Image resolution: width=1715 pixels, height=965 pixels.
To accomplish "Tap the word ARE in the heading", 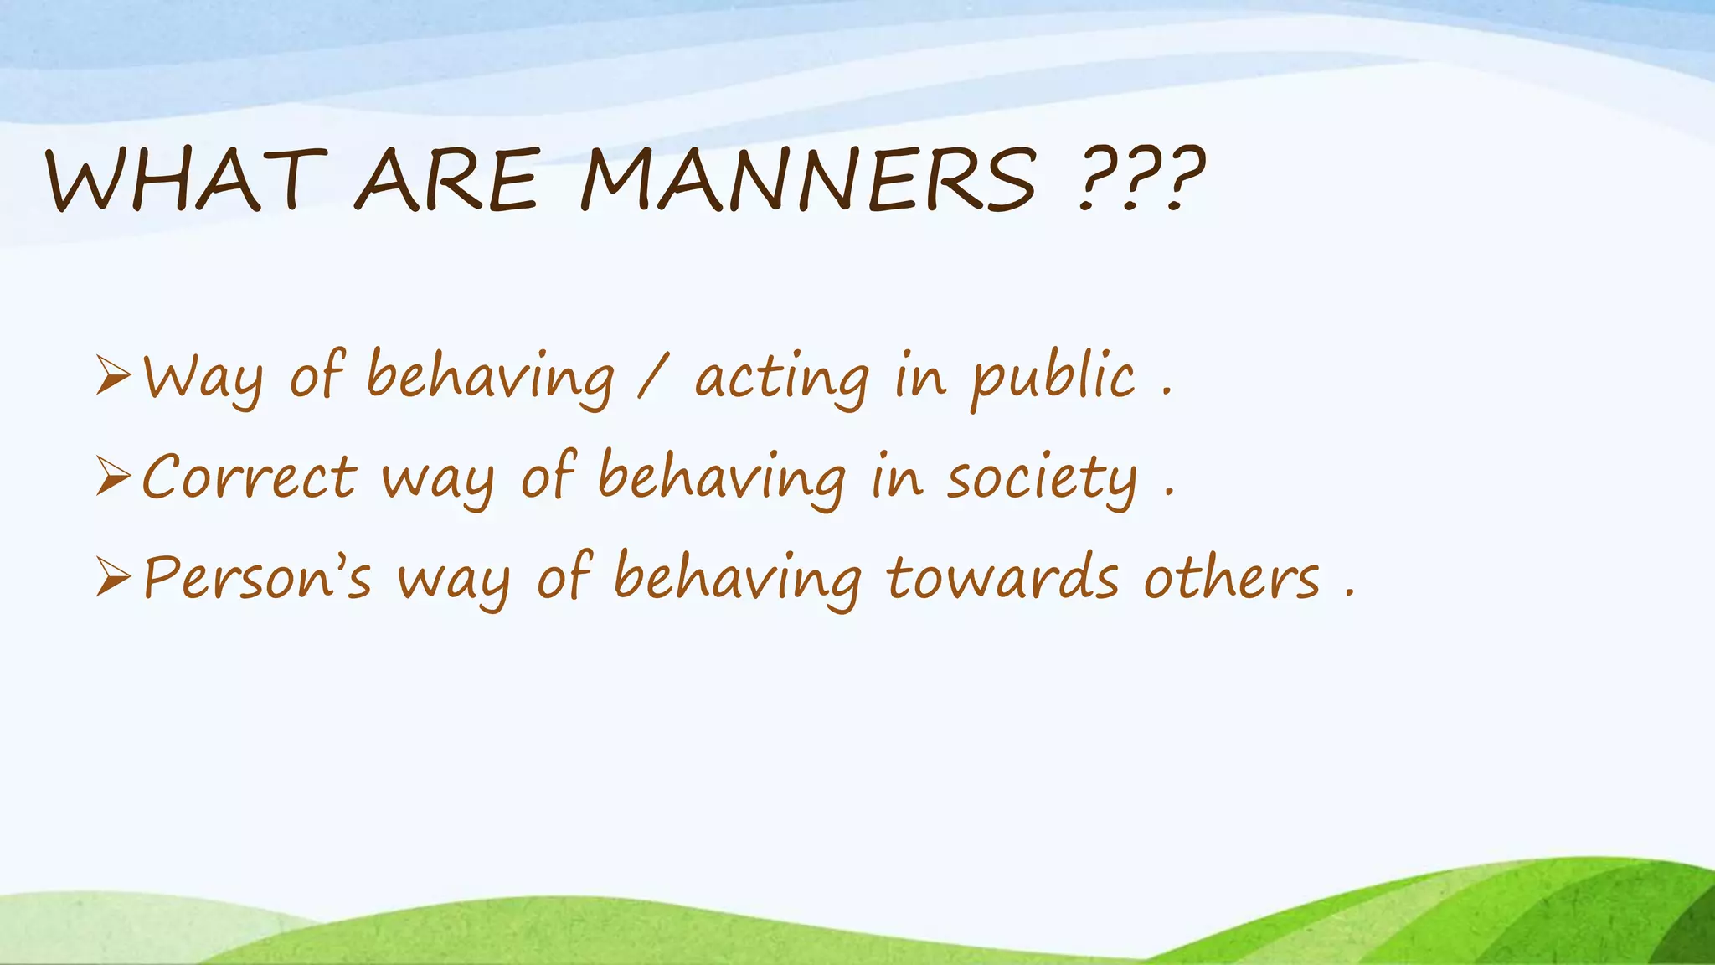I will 446,179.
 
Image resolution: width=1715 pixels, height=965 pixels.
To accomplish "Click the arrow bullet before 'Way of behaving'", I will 113,375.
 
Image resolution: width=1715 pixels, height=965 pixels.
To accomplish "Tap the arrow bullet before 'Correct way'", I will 113,476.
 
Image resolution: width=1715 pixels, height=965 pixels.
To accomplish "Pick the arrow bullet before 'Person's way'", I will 113,576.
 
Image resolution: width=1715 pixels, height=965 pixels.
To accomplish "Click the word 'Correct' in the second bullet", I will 250,477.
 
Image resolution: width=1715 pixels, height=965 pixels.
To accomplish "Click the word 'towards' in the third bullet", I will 1002,578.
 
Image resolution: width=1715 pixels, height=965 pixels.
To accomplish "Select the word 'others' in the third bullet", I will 1231,578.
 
